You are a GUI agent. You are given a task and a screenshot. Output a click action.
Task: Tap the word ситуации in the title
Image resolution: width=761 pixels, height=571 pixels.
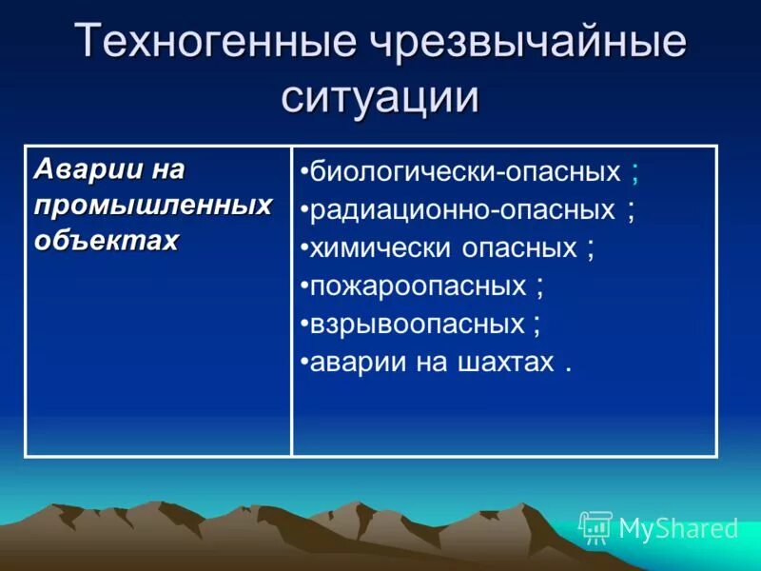coord(380,98)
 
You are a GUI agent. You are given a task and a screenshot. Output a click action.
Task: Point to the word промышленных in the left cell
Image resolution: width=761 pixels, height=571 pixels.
coord(153,206)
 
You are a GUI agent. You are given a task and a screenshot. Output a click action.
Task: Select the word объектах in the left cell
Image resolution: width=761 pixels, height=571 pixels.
coord(107,241)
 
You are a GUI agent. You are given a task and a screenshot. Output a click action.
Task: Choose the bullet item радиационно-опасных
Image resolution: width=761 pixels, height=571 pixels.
coord(462,209)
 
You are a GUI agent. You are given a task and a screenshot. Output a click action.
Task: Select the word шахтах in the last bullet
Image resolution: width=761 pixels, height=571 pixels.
coord(508,362)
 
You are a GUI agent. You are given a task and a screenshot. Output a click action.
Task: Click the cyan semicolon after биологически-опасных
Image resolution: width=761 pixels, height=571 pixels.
coord(634,174)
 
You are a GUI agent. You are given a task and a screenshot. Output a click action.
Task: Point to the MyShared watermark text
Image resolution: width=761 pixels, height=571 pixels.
coord(678,528)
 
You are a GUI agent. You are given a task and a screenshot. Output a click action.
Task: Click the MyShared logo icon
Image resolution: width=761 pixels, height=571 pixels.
coord(595,527)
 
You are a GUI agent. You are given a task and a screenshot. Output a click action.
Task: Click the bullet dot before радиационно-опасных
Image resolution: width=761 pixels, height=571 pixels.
coord(303,210)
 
